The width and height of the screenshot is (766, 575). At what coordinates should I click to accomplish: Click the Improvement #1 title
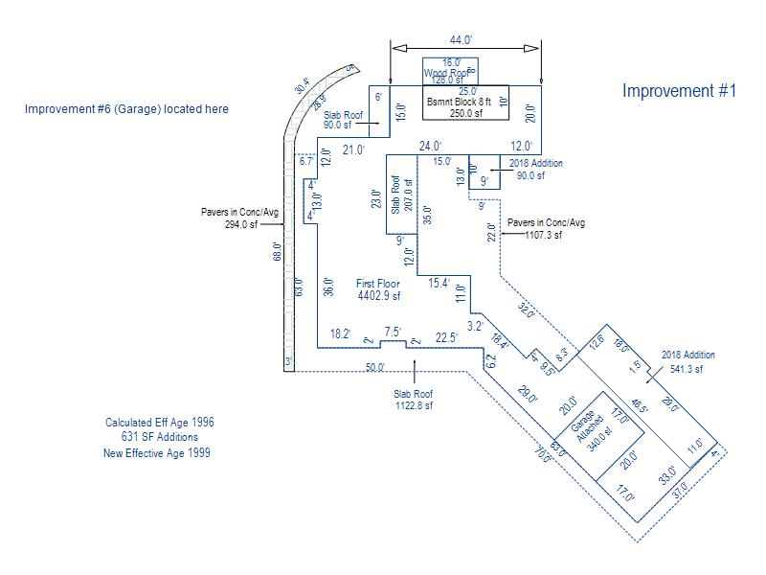point(679,91)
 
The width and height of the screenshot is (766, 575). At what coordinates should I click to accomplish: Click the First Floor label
point(378,284)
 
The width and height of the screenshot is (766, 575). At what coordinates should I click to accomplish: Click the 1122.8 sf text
point(414,405)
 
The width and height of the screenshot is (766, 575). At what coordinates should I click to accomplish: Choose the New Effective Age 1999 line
point(156,453)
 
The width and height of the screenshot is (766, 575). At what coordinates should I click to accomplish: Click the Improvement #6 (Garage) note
point(126,109)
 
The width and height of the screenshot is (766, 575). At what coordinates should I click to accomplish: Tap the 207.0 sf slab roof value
point(409,195)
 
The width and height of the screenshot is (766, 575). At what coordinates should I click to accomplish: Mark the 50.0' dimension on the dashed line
point(374,367)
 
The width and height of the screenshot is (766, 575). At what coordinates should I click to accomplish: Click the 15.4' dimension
point(439,283)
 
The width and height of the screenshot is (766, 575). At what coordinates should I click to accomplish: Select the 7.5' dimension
point(393,332)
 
